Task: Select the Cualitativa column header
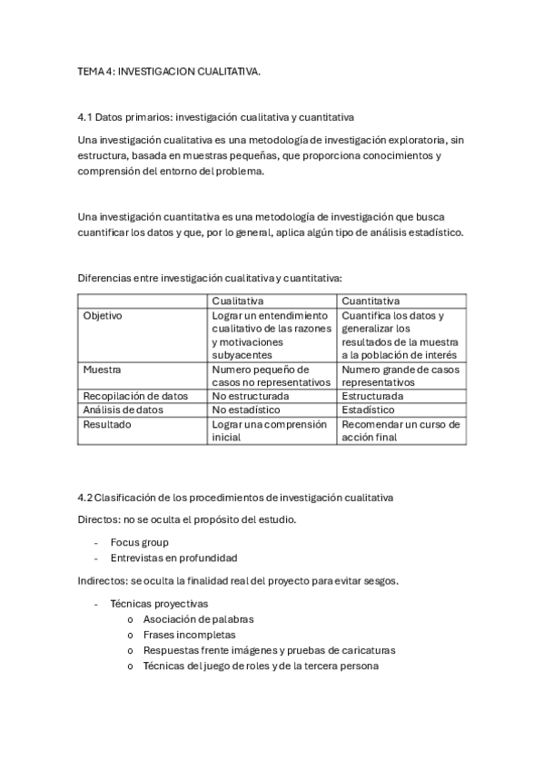[238, 301]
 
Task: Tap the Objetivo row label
[103, 315]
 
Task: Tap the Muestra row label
[102, 370]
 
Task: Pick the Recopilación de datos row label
[135, 396]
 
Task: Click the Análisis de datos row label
[123, 410]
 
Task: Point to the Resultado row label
[107, 423]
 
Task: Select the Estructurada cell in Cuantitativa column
[372, 396]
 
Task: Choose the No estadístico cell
[247, 410]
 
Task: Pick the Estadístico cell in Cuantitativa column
[370, 410]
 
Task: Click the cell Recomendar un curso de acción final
[401, 429]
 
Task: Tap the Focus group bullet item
[139, 542]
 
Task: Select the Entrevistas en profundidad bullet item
[173, 558]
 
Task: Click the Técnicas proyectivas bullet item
[159, 603]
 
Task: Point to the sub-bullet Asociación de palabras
[198, 619]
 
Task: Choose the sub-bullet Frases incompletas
[189, 635]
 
